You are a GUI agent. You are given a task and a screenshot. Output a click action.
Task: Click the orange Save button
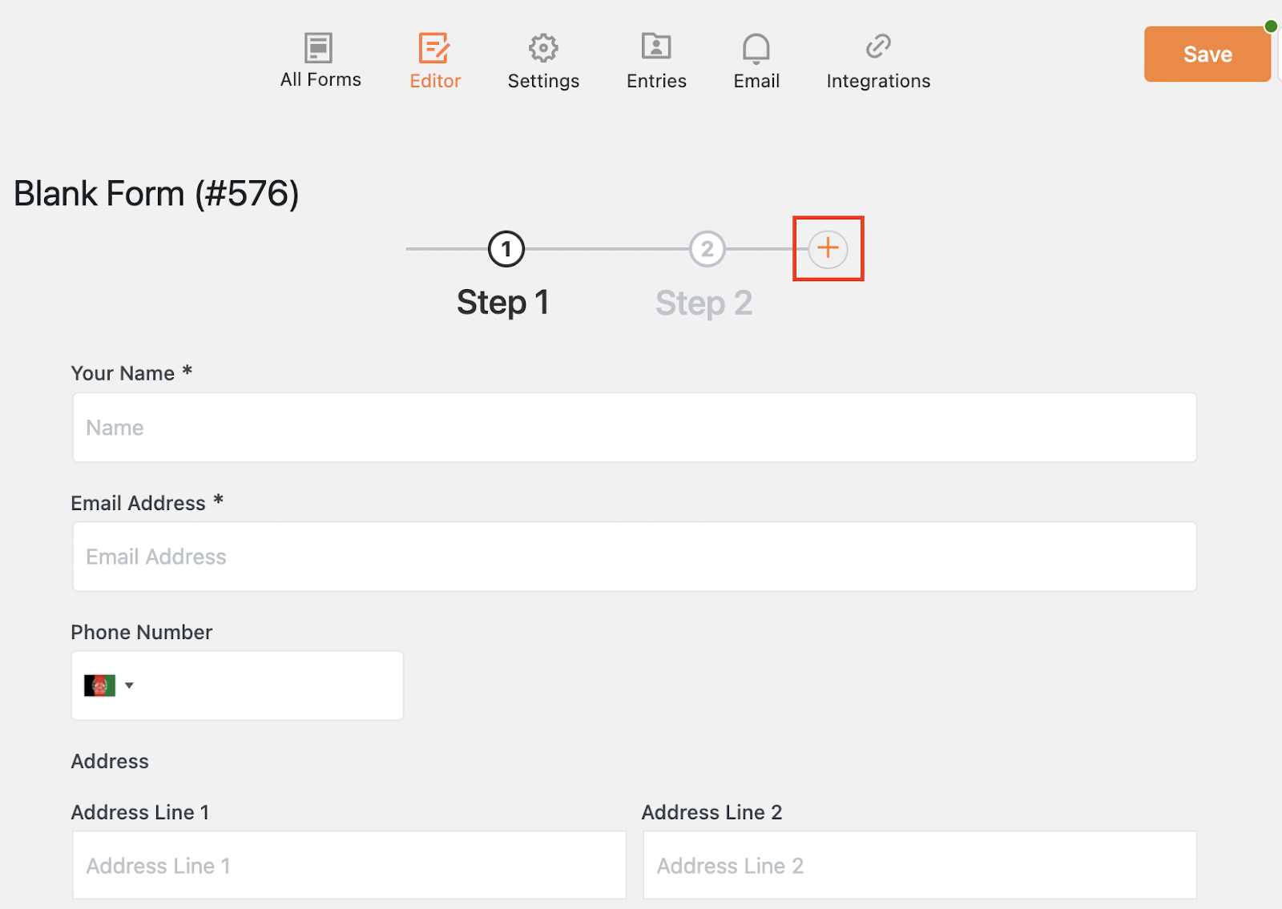(x=1207, y=54)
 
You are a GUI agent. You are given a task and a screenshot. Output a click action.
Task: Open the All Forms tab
(x=320, y=60)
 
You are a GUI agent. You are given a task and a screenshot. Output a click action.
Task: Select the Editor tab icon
(x=433, y=47)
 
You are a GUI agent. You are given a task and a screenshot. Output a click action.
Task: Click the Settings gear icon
(x=543, y=47)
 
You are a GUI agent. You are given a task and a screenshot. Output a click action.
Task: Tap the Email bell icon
(x=756, y=48)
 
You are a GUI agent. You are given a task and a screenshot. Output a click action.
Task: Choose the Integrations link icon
(x=878, y=46)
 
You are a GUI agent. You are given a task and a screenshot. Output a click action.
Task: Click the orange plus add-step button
(x=828, y=248)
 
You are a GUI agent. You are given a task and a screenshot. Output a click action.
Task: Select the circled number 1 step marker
(x=506, y=249)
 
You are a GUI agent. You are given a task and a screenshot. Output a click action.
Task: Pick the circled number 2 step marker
(x=707, y=249)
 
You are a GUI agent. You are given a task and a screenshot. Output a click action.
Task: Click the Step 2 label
(x=703, y=302)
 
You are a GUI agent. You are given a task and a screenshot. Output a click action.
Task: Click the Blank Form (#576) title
(x=156, y=193)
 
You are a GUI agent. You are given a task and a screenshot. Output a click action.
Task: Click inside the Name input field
(x=634, y=428)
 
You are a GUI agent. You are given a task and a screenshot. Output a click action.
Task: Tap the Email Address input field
(x=634, y=556)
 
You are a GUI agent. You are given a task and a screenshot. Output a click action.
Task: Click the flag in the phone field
(x=99, y=686)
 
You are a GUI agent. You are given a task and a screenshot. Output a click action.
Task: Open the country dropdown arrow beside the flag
(x=129, y=686)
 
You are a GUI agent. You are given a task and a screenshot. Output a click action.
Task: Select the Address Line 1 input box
(x=349, y=865)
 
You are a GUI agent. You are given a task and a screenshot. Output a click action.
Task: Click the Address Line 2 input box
(x=920, y=865)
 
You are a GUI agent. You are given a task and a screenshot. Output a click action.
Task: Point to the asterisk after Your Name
(x=187, y=371)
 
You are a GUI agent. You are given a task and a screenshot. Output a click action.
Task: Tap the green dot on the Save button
(x=1271, y=26)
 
